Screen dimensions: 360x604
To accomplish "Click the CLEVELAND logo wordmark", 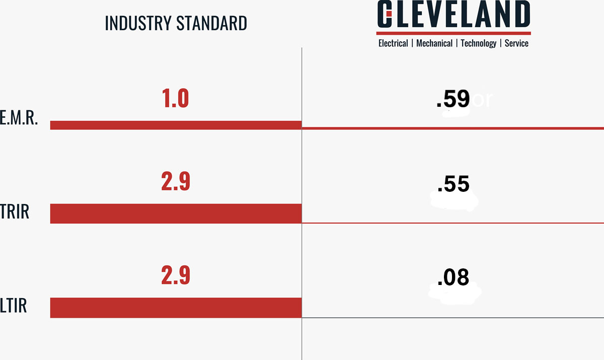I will pos(454,15).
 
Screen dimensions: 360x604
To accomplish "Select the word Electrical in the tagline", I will pos(393,43).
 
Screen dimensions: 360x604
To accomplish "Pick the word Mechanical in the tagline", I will pos(434,43).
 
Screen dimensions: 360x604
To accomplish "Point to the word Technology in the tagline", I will pos(478,43).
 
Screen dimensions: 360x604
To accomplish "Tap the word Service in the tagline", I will pos(516,43).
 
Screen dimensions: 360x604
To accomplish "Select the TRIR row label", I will pos(15,212).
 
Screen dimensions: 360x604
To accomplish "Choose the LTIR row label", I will pos(13,306).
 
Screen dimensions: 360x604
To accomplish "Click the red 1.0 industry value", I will pos(175,99).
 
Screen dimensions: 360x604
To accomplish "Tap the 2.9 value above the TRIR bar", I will pos(176,182).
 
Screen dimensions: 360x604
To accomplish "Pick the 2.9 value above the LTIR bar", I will pos(176,275).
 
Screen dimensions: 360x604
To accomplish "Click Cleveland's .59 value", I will pos(453,99).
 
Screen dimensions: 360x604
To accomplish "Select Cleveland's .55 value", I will pos(453,185).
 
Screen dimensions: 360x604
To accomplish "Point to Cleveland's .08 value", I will pos(453,277).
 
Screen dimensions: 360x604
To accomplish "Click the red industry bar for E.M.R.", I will pos(176,125).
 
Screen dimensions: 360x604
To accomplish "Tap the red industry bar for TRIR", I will pos(176,213).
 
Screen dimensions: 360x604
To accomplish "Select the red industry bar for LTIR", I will pos(176,308).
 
